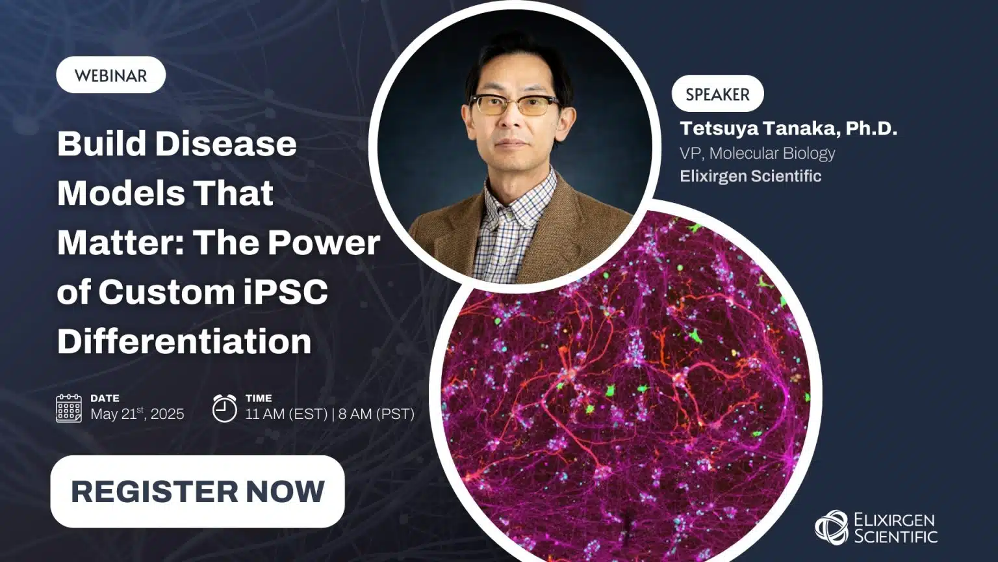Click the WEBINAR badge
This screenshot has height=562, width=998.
coord(110,75)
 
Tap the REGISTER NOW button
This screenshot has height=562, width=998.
coord(198,491)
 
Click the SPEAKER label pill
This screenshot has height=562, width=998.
coord(717,94)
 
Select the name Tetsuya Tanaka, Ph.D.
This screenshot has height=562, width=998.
coord(788,128)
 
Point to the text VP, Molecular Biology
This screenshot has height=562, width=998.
coord(757,153)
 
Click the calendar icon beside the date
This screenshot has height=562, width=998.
coord(69,408)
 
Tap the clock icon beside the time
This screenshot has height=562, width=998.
coord(224,408)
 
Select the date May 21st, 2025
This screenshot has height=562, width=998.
coord(137,414)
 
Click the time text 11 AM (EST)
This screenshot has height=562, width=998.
coord(286,414)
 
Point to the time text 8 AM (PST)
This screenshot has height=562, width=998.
coord(376,414)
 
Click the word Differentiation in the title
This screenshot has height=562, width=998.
coord(185,341)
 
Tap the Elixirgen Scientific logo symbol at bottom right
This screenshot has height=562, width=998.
coord(831,527)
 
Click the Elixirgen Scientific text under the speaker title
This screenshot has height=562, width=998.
coord(750,176)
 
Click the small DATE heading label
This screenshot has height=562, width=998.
coord(105,398)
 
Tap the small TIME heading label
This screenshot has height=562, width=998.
coord(259,398)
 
